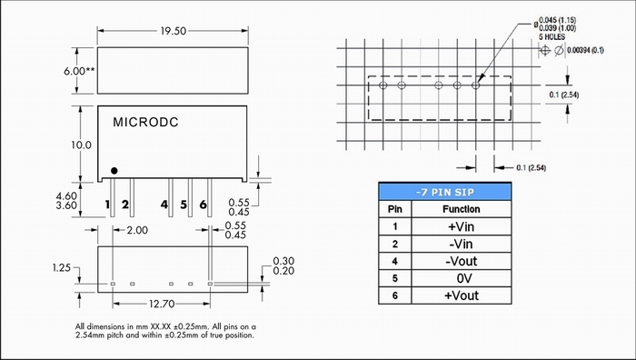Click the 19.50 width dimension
[x=174, y=31]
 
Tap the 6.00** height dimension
[x=79, y=71]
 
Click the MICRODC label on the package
[x=145, y=122]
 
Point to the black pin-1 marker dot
[x=114, y=171]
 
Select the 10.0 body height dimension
[x=82, y=145]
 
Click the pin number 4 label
[x=164, y=205]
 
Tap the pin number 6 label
[x=204, y=205]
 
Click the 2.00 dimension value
[x=137, y=230]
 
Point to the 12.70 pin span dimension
[x=162, y=304]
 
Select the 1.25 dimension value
[x=61, y=268]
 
